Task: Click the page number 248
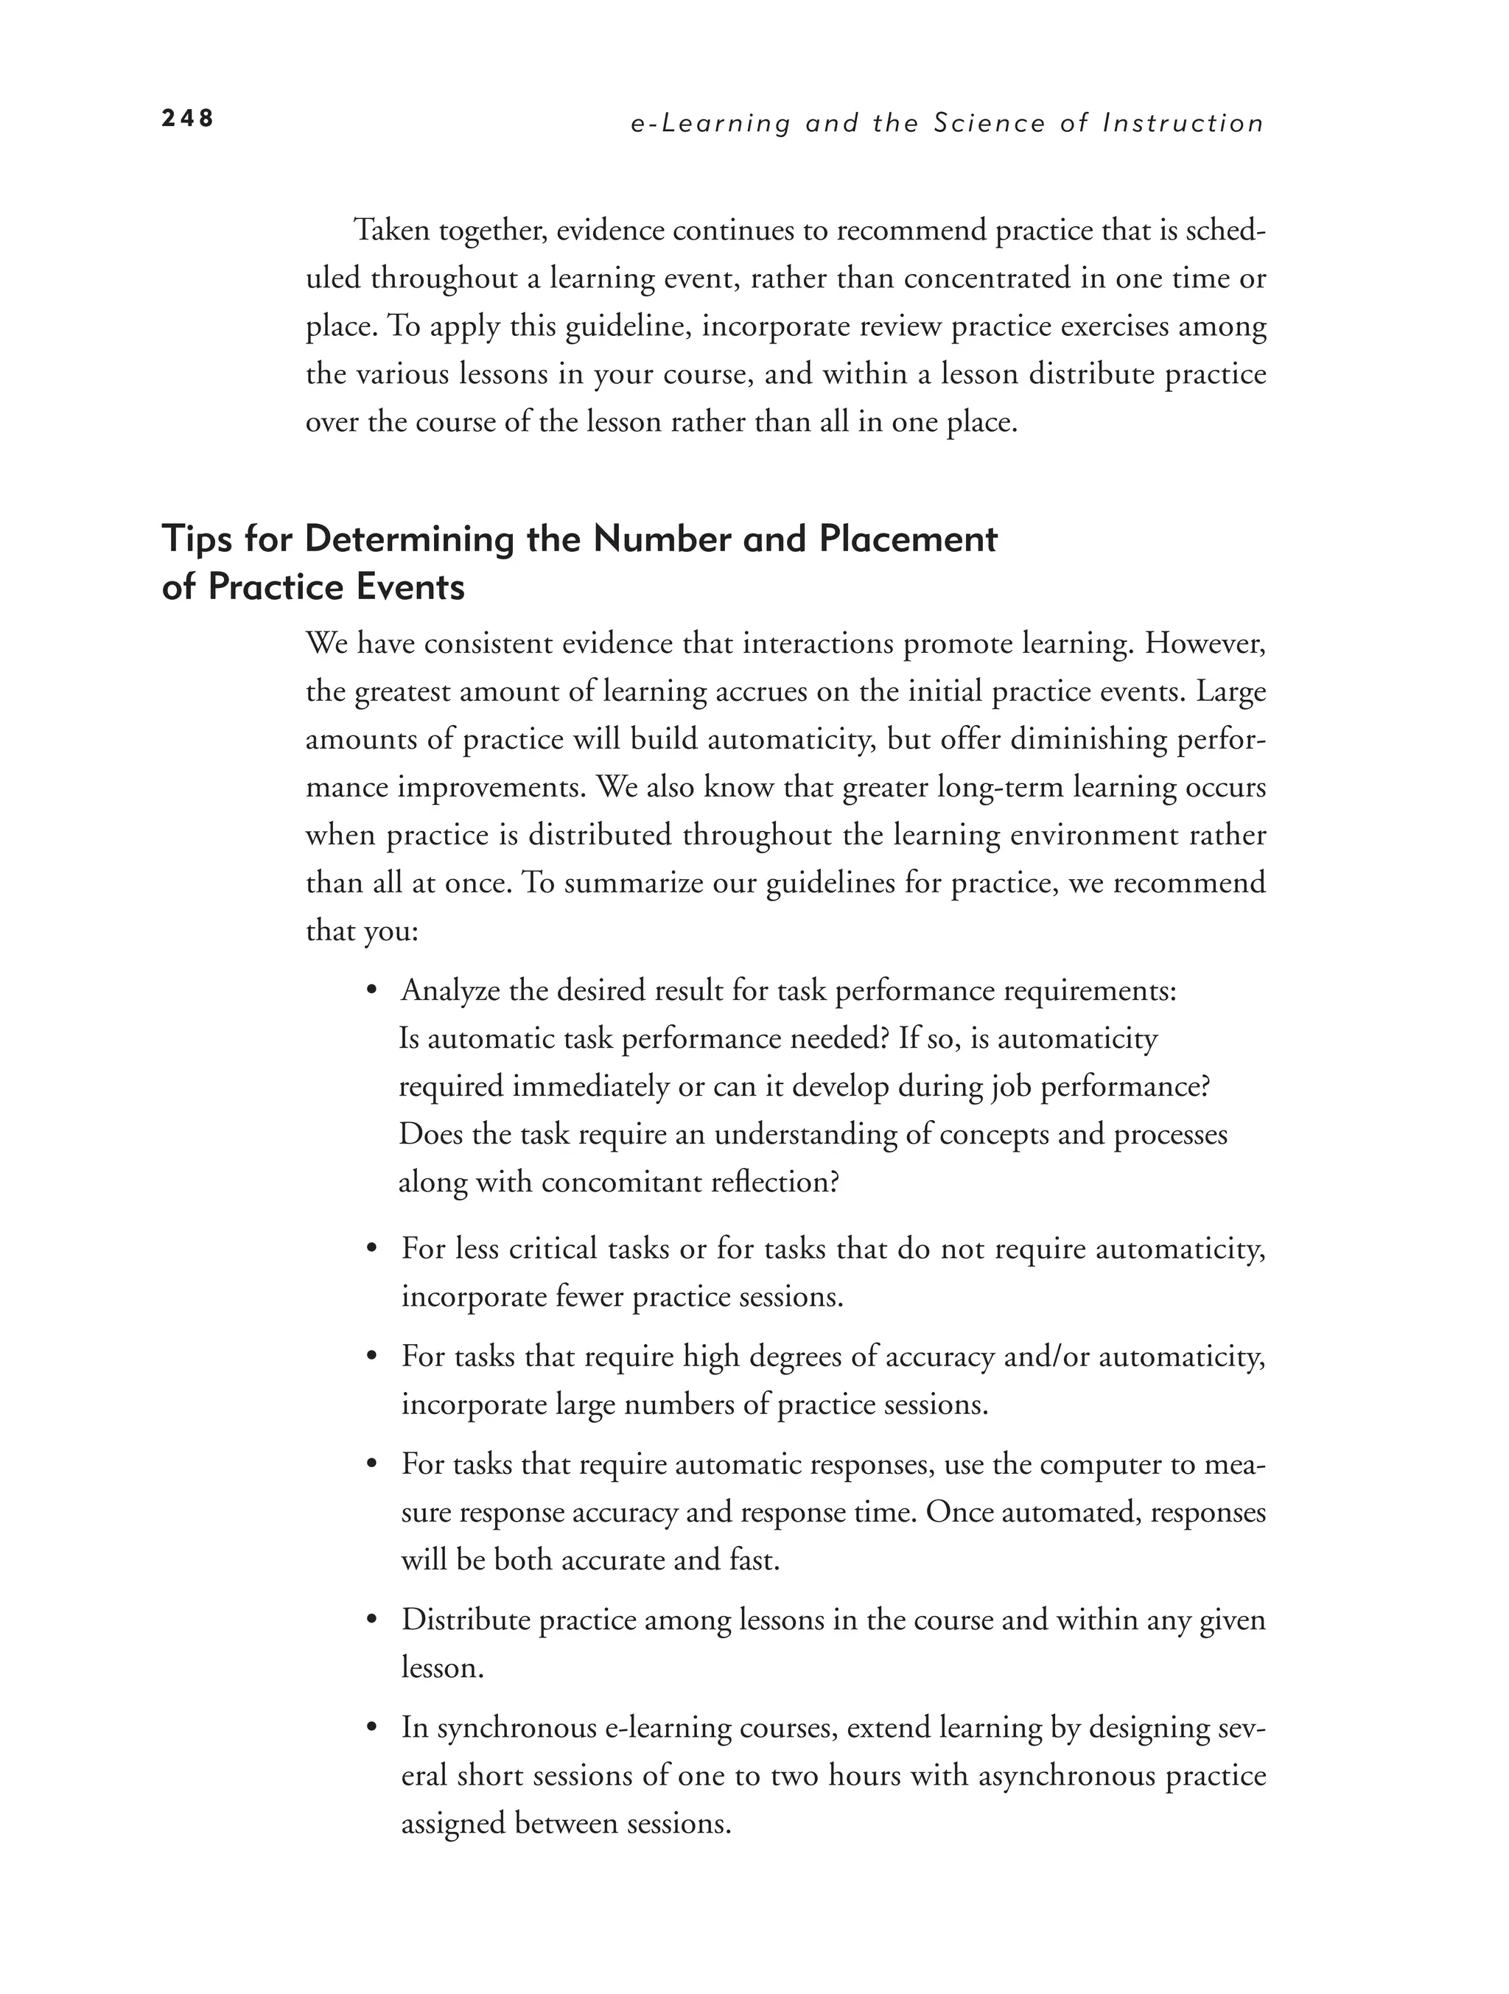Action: coord(187,118)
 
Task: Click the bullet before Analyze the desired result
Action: coord(371,992)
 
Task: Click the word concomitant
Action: coord(618,1182)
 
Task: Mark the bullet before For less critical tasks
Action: coord(371,1250)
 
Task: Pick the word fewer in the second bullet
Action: coord(589,1296)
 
